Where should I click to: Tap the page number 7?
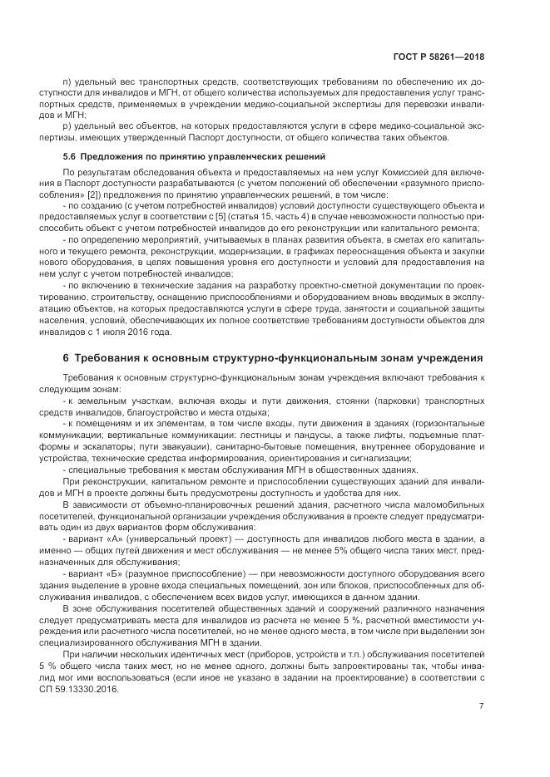point(481,706)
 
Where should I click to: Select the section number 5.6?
point(70,157)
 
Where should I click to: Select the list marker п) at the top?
point(68,82)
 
